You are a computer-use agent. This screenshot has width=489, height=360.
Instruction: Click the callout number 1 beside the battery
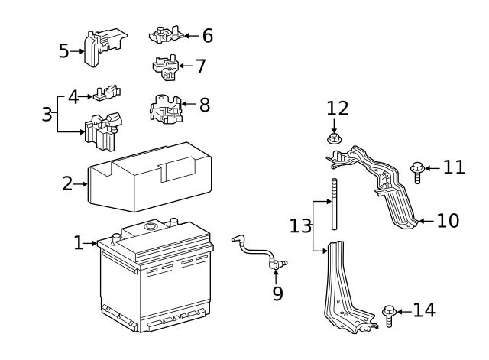click(x=79, y=243)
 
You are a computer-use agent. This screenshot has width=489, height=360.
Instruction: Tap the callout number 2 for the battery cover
click(x=68, y=183)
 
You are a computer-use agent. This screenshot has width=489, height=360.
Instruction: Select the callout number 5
click(x=64, y=51)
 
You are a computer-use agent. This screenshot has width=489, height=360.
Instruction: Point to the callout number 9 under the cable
click(x=277, y=292)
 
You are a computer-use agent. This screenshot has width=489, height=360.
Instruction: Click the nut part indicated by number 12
click(x=334, y=139)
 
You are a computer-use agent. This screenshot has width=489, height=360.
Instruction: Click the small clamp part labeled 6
click(x=167, y=34)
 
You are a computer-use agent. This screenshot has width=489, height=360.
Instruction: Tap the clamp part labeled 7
click(x=167, y=66)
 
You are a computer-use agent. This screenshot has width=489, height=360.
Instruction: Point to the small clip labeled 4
click(x=107, y=94)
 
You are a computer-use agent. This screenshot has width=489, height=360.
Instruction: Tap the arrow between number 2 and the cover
click(x=82, y=183)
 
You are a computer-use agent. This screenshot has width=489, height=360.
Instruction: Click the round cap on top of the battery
click(x=150, y=226)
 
